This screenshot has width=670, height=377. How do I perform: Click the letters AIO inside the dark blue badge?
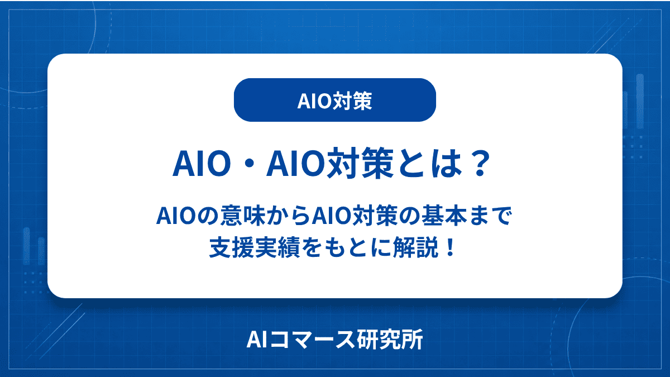(x=315, y=101)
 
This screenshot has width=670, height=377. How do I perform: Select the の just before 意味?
(x=208, y=216)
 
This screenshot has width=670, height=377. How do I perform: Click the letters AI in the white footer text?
(x=257, y=340)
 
